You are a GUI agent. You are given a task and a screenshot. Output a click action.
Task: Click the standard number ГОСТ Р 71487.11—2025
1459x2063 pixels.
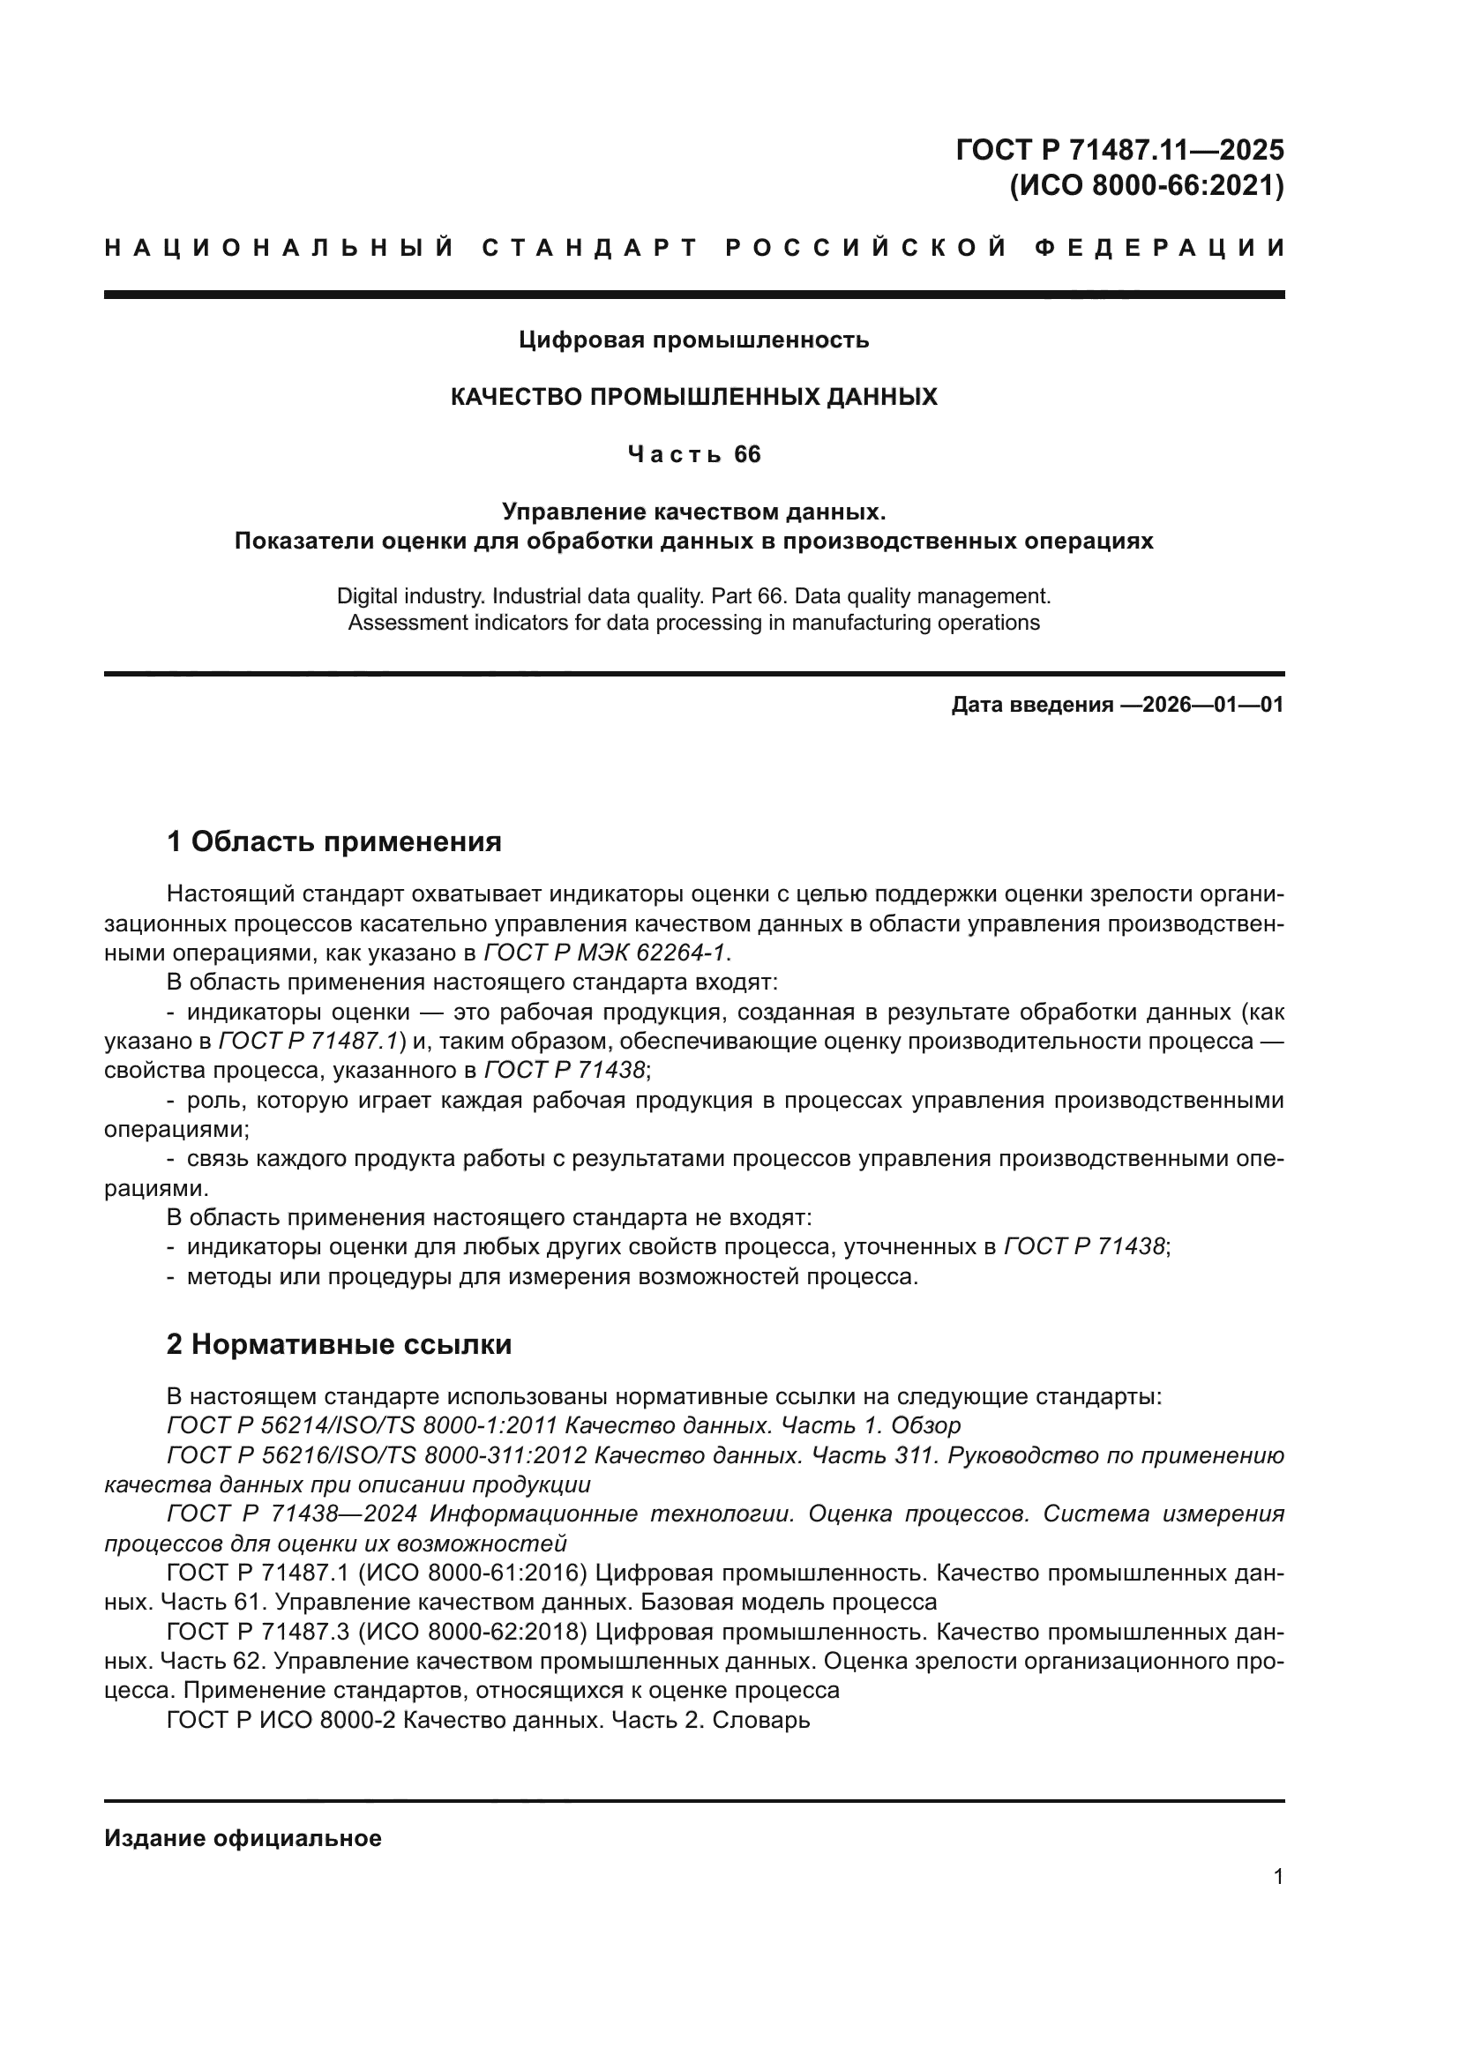click(1119, 149)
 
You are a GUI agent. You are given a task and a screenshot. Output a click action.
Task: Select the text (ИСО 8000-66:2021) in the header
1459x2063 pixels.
click(1147, 186)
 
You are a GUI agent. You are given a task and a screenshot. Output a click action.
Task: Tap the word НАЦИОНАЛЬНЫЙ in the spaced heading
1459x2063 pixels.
click(280, 248)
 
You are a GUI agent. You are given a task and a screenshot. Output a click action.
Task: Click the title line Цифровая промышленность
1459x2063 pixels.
click(693, 340)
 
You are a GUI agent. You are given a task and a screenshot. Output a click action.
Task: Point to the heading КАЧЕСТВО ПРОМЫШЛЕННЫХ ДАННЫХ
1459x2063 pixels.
click(693, 397)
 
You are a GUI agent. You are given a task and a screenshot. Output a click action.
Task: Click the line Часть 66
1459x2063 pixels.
click(693, 454)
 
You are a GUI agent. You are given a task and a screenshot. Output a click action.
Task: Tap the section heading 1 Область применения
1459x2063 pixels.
click(334, 842)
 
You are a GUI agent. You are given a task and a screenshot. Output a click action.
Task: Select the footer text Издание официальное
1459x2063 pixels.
click(243, 1838)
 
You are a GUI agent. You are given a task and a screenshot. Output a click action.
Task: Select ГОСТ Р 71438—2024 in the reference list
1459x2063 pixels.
click(291, 1514)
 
